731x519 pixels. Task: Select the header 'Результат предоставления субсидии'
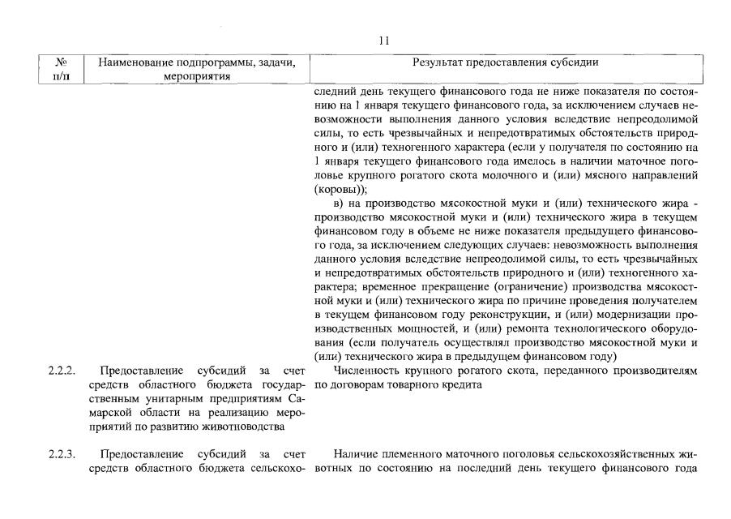click(x=506, y=62)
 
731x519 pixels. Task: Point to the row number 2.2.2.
click(x=61, y=371)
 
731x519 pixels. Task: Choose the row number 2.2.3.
click(x=61, y=453)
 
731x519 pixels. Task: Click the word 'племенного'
click(x=413, y=453)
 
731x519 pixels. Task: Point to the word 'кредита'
click(x=461, y=384)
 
